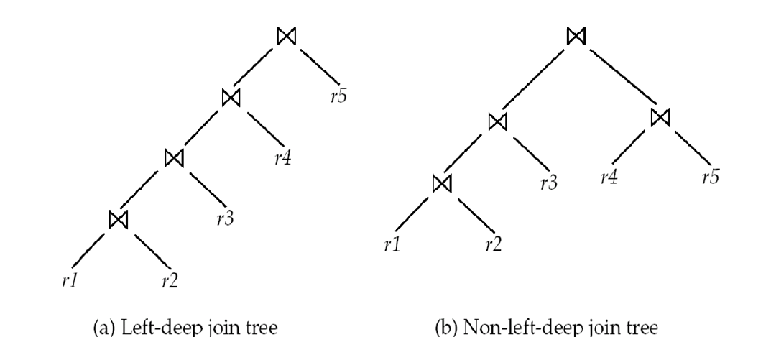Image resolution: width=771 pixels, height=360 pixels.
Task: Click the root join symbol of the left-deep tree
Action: click(286, 37)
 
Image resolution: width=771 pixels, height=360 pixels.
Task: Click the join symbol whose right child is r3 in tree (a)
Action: click(173, 156)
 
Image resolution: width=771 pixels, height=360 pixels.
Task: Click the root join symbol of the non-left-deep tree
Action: click(575, 35)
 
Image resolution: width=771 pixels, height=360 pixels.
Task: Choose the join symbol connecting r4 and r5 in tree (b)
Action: click(660, 117)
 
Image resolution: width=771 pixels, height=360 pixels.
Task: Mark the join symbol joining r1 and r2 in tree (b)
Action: click(441, 183)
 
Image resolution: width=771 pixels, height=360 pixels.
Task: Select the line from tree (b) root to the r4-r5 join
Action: click(618, 77)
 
